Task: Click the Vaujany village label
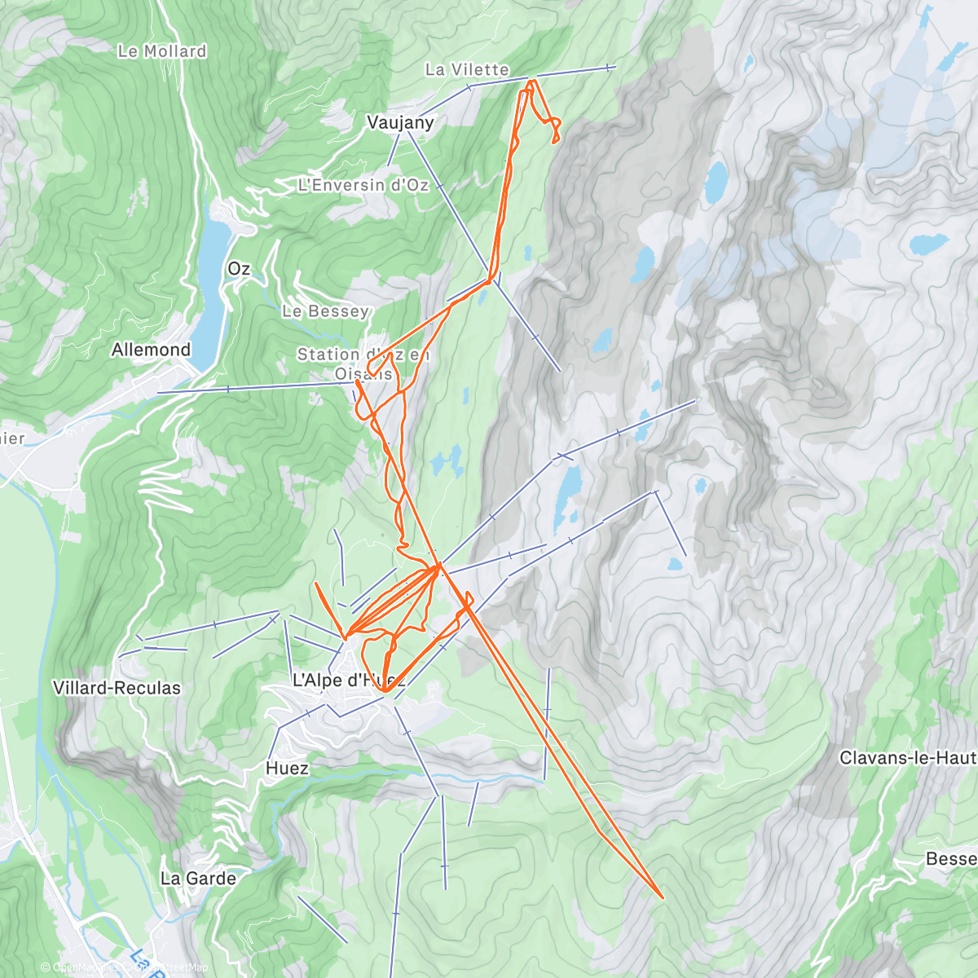click(x=400, y=122)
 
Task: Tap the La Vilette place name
click(x=467, y=70)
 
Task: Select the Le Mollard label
click(x=162, y=51)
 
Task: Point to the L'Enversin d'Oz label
click(x=363, y=185)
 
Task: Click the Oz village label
click(x=239, y=269)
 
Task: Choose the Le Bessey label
click(x=326, y=311)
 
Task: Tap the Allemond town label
click(x=151, y=350)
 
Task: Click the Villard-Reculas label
click(x=117, y=688)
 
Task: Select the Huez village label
click(x=287, y=768)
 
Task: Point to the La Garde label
click(x=198, y=879)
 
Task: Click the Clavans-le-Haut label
click(x=907, y=758)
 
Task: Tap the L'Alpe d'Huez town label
click(x=348, y=680)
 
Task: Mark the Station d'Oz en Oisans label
click(x=363, y=363)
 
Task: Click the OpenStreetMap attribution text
click(x=126, y=967)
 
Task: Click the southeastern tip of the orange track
click(x=661, y=897)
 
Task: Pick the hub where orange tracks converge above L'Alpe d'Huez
click(x=438, y=566)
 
